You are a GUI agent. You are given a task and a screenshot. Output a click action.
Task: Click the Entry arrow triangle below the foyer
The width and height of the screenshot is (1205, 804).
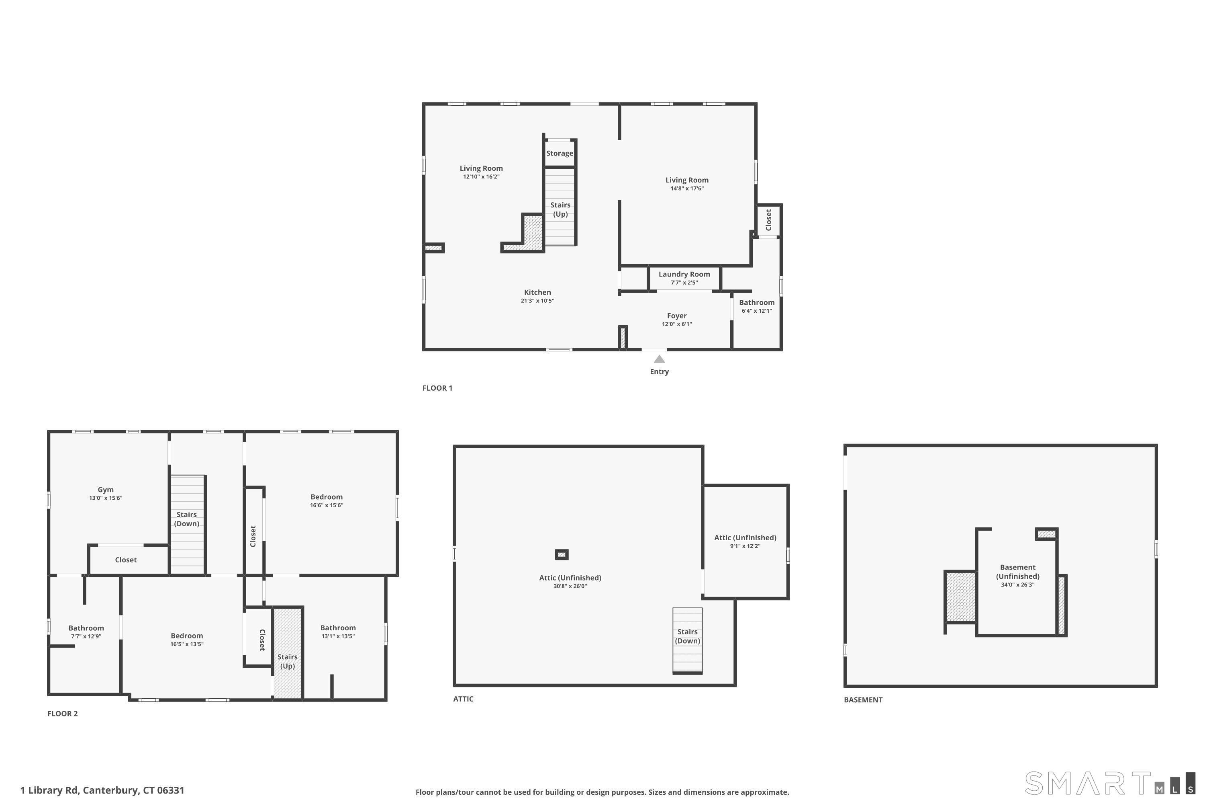[x=660, y=359]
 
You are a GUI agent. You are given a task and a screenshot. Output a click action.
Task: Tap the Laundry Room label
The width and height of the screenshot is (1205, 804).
[x=684, y=274]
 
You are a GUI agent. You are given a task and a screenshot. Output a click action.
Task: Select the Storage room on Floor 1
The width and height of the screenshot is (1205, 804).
[x=560, y=153]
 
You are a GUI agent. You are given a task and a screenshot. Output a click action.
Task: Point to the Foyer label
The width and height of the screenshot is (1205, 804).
[x=676, y=316]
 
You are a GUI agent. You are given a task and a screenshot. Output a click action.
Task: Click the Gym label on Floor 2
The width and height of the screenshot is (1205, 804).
[x=106, y=490]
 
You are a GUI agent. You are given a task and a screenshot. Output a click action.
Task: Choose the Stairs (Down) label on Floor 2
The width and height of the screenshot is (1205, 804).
[x=186, y=519]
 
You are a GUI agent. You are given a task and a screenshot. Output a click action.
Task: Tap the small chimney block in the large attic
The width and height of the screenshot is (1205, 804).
[x=562, y=555]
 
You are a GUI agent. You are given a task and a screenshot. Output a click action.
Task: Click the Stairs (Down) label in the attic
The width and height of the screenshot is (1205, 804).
[x=687, y=636]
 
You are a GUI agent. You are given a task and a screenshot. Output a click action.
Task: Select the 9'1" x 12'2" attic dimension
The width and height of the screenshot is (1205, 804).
[x=745, y=546]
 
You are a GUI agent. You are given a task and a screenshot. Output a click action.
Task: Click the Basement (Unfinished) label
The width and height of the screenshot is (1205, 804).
[x=1017, y=572]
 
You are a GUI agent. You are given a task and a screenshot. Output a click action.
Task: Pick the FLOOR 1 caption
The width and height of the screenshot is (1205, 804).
[x=437, y=388]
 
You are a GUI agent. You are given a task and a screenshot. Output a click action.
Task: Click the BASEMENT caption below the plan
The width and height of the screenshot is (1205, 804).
[x=863, y=700]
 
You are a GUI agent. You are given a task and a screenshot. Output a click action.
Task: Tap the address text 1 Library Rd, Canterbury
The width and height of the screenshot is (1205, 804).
[x=102, y=790]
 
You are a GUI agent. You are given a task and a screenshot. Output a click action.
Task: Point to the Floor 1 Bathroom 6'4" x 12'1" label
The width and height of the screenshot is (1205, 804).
[x=757, y=306]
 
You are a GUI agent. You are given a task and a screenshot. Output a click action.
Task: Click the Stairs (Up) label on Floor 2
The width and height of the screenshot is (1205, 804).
[x=288, y=661]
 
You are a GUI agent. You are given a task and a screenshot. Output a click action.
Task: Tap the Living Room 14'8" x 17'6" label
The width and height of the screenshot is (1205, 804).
[x=686, y=184]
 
